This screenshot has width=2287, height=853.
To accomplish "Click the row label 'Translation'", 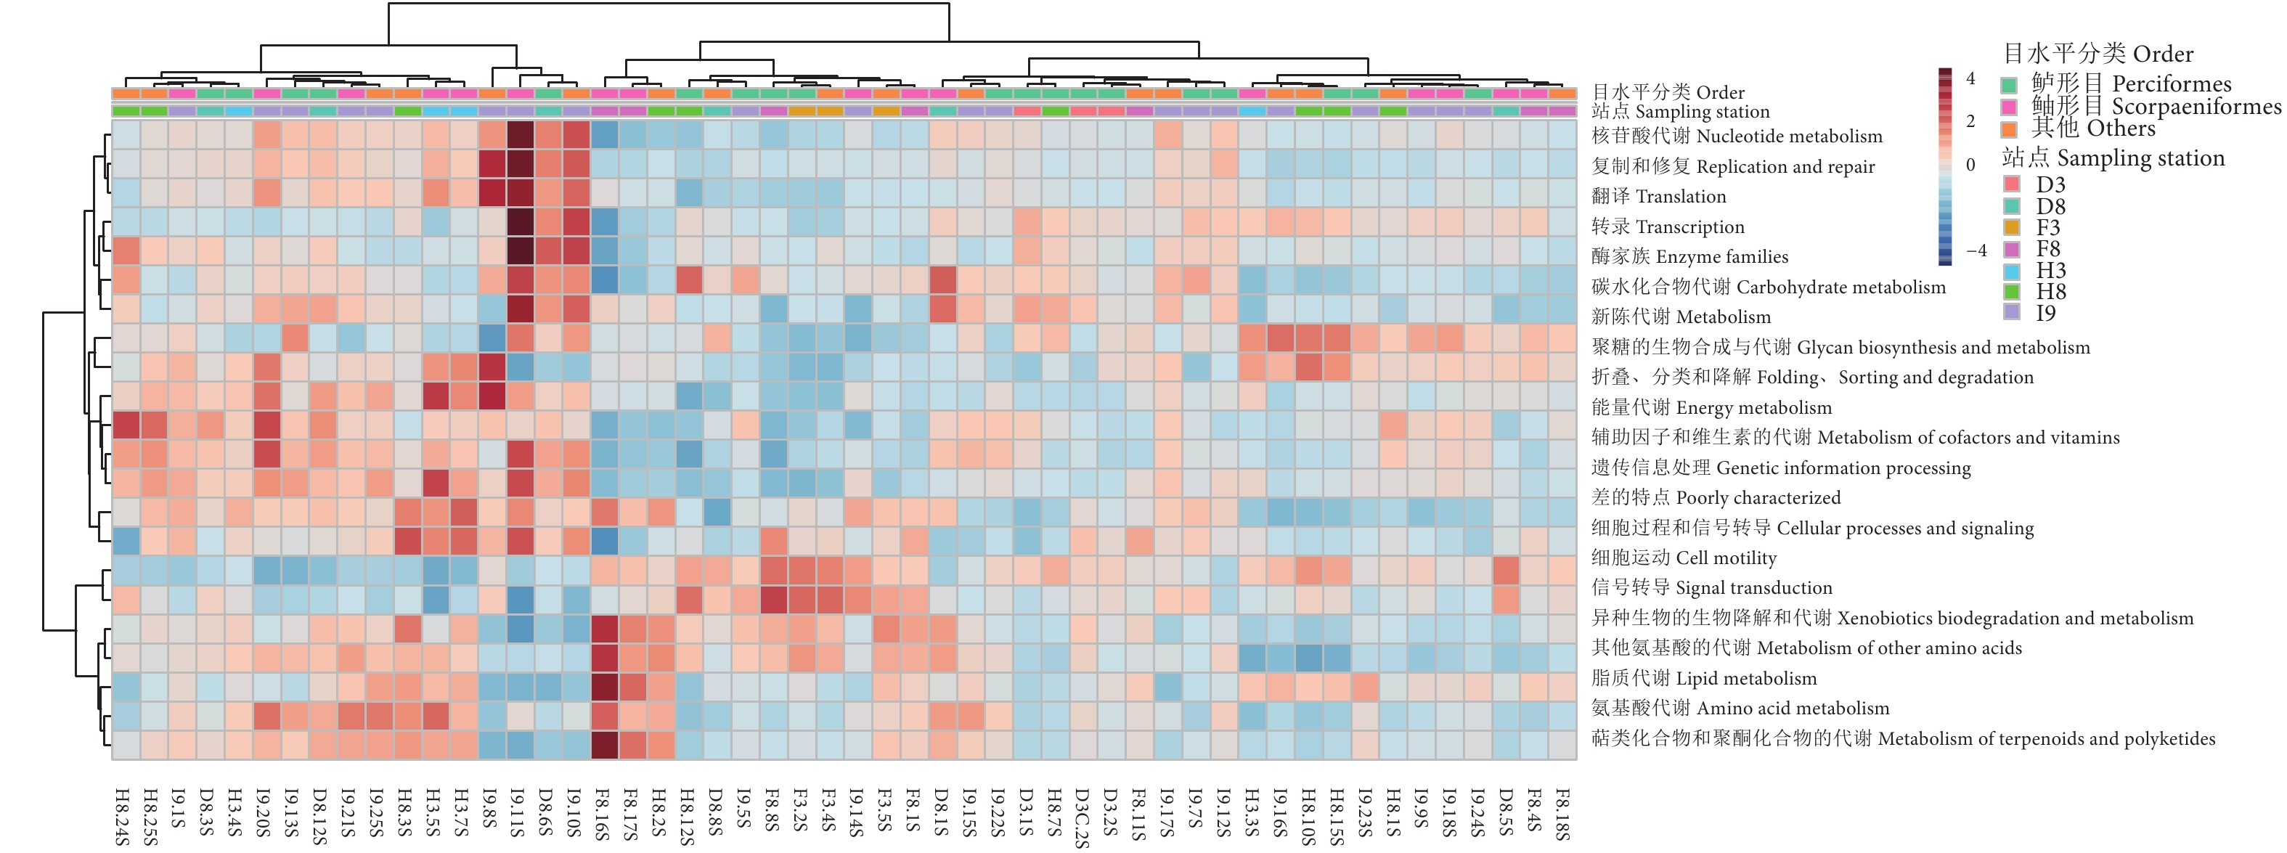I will pyautogui.click(x=1658, y=196).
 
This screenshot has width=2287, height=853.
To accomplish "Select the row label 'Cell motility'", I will pyautogui.click(x=1683, y=558).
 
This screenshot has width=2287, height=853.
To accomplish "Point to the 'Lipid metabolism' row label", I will pyautogui.click(x=1704, y=678).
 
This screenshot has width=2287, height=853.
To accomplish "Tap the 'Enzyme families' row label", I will pyautogui.click(x=1689, y=256).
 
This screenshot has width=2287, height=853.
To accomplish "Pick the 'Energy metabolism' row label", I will pyautogui.click(x=1711, y=407).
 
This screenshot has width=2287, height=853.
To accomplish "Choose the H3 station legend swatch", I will pyautogui.click(x=2012, y=270).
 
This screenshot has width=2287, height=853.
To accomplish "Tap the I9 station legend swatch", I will pyautogui.click(x=2012, y=312).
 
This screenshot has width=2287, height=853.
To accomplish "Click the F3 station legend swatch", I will pyautogui.click(x=2012, y=227).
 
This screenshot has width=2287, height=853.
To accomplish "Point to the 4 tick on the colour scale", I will pyautogui.click(x=1970, y=79).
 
